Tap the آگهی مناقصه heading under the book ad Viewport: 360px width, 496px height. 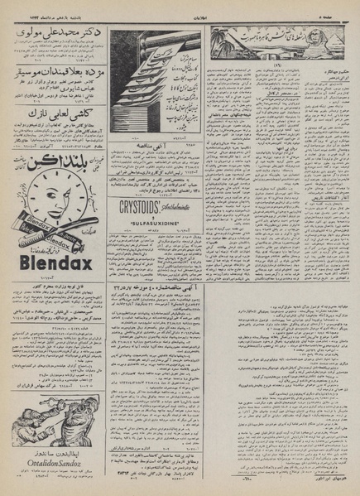[x=158, y=144]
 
